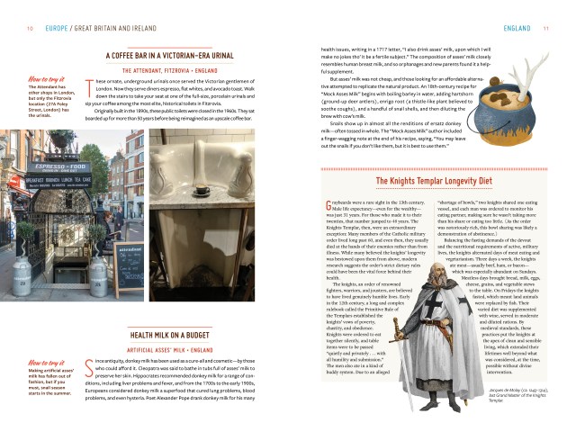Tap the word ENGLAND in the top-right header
pyautogui.click(x=517, y=28)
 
